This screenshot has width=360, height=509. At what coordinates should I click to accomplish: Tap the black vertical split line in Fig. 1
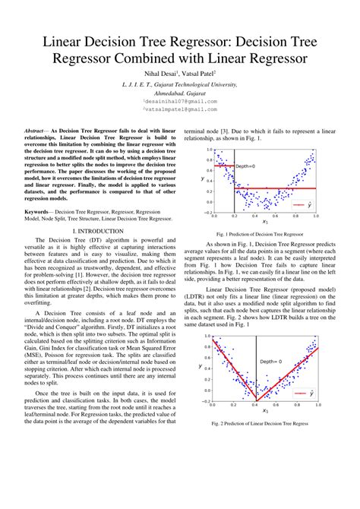tap(232, 182)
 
